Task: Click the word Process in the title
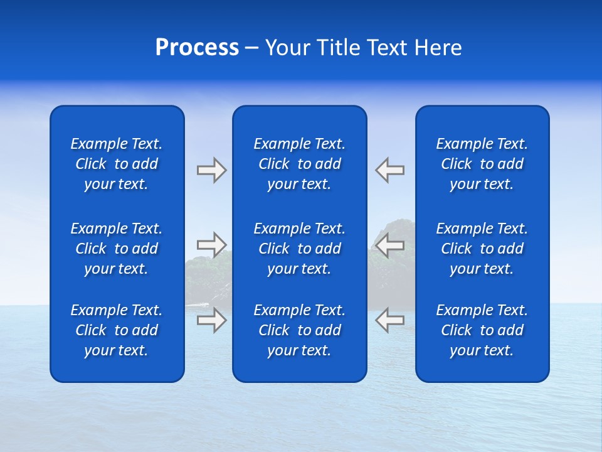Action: click(197, 48)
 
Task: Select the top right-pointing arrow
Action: click(211, 170)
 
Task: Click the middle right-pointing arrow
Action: click(211, 244)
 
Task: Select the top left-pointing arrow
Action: click(389, 170)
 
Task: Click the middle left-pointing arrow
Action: click(389, 244)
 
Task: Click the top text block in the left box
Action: click(117, 164)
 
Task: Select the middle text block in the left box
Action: click(117, 249)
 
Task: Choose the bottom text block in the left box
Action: click(117, 330)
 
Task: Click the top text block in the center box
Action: click(299, 164)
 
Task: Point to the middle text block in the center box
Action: click(299, 249)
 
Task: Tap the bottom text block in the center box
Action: click(299, 330)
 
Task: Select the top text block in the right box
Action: click(482, 164)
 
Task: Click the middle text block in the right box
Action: click(482, 249)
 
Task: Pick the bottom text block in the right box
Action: click(482, 330)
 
